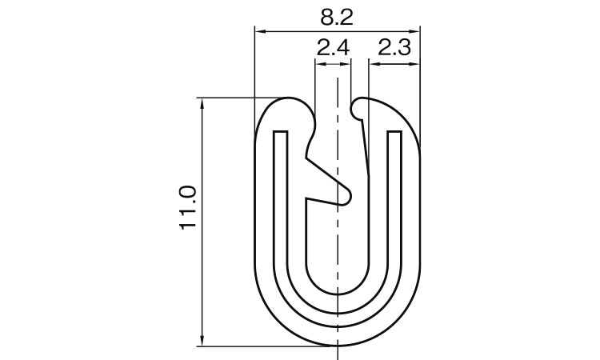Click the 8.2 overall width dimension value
[x=336, y=15]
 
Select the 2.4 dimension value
[x=333, y=50]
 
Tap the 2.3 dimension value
[x=394, y=50]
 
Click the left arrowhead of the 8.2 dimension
[x=258, y=32]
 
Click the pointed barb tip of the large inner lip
[x=350, y=194]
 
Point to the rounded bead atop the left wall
[x=293, y=108]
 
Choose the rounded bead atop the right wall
[x=362, y=105]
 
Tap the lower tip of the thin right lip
[x=368, y=173]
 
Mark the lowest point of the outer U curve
[x=338, y=346]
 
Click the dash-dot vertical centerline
[x=338, y=240]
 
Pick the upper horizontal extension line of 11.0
[x=232, y=98]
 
